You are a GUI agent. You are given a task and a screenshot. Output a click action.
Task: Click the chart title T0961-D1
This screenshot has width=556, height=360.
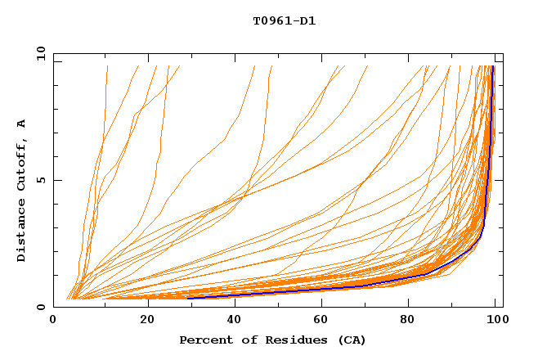coord(284,21)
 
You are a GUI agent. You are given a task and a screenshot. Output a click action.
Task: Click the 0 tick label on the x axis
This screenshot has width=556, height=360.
coord(53,321)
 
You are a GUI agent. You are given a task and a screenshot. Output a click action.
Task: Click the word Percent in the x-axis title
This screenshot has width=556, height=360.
coord(204,340)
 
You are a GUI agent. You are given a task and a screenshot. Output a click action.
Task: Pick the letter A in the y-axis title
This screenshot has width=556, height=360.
coord(21,124)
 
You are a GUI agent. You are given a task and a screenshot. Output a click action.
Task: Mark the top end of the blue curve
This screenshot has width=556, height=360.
coord(493,67)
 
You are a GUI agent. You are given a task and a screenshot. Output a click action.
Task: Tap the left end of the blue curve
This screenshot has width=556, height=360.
coord(189,298)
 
